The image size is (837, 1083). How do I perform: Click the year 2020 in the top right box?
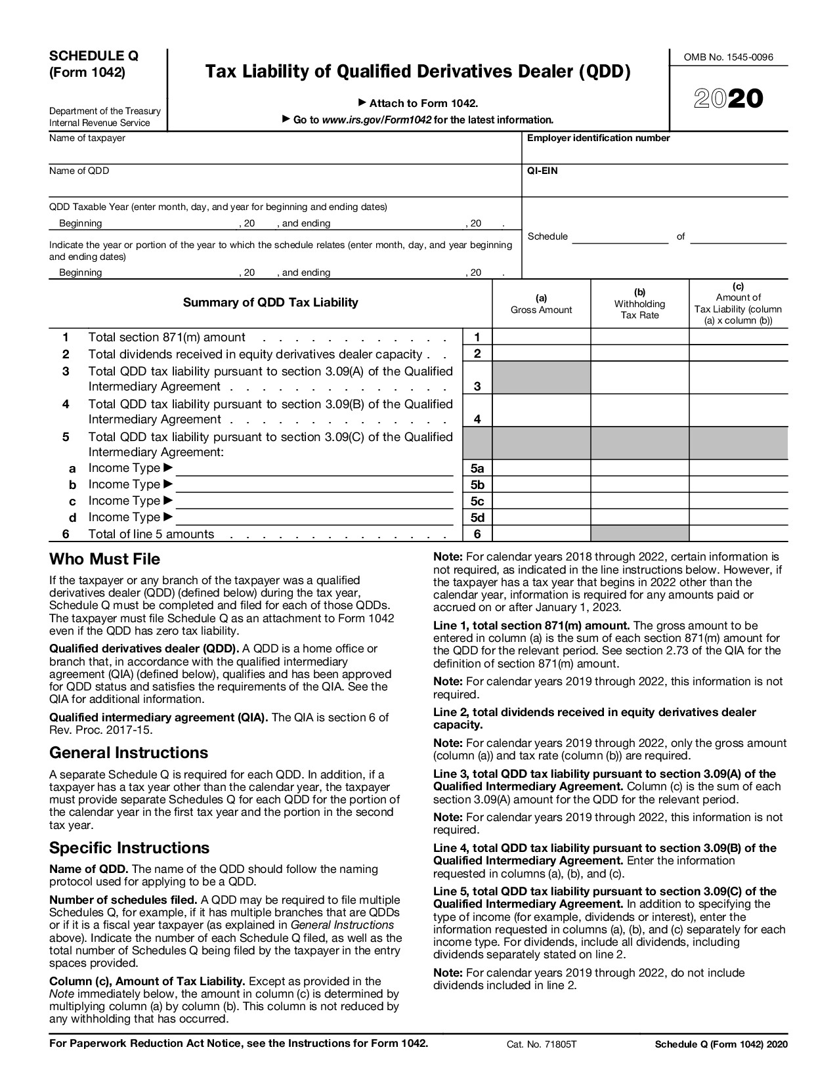click(x=728, y=99)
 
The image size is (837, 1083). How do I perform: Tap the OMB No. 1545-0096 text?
click(x=728, y=57)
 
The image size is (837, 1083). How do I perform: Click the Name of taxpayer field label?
click(x=87, y=138)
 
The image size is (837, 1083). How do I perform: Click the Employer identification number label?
click(x=598, y=138)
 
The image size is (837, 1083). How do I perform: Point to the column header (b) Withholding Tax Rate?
click(x=639, y=303)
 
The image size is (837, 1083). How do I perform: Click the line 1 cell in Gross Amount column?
click(x=541, y=337)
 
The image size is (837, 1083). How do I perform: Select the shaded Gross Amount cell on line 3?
click(x=541, y=378)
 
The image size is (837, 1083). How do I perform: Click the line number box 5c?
click(x=477, y=501)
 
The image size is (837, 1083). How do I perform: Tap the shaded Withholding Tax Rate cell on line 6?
click(x=639, y=534)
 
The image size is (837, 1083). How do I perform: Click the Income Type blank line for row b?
click(x=314, y=485)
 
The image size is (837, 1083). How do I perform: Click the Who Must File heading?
click(x=104, y=559)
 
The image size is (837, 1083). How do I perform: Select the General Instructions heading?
click(x=128, y=753)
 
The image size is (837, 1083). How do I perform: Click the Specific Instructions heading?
click(x=129, y=848)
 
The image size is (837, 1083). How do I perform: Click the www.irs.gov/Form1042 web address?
click(x=376, y=120)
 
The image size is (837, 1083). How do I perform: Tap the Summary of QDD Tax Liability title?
click(x=270, y=303)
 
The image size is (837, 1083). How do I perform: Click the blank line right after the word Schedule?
click(x=620, y=238)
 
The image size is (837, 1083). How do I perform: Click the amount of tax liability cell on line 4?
click(x=738, y=411)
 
